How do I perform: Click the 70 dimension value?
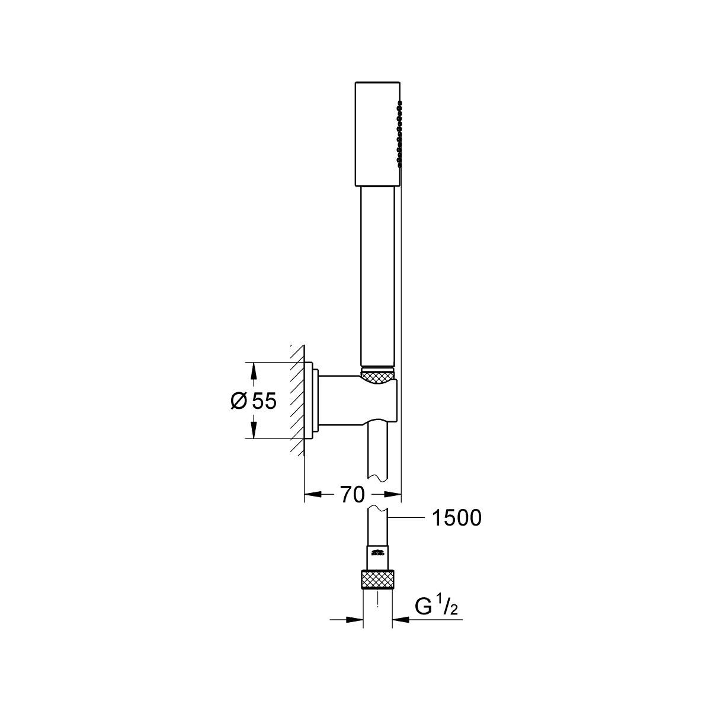coord(352,495)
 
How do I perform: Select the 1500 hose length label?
coord(457,518)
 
